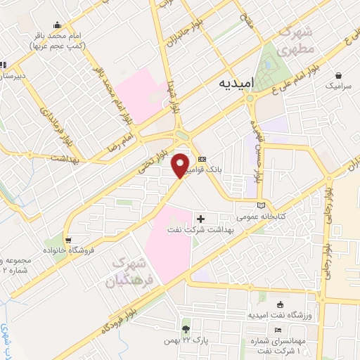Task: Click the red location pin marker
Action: coord(181,164)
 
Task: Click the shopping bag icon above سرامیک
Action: coord(340,75)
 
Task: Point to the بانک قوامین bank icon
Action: coord(202,159)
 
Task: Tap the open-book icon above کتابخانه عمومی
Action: coord(262,204)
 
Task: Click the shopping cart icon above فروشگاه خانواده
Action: coord(67,238)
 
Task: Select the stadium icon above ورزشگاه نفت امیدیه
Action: coord(281,304)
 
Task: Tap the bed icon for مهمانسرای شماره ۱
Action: coord(279,330)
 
